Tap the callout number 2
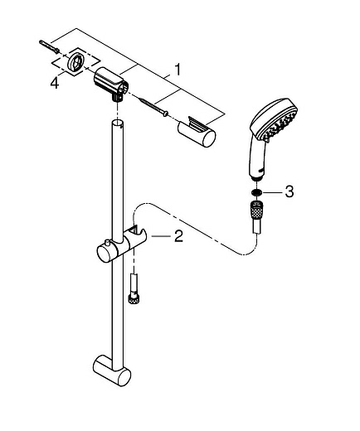[x=179, y=236]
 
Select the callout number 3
[x=289, y=191]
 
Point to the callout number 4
[x=54, y=83]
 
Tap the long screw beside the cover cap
[x=154, y=105]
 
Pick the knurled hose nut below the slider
[x=132, y=296]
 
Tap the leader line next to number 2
[x=162, y=237]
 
